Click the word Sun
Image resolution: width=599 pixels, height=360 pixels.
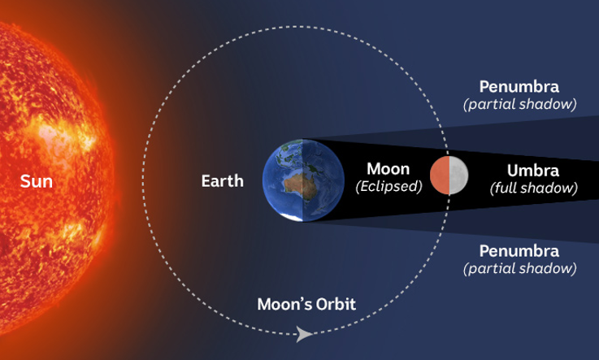(37, 181)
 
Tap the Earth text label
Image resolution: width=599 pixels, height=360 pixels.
(223, 181)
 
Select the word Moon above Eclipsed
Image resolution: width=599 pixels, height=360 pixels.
(388, 169)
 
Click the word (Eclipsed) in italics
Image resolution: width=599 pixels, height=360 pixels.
(388, 187)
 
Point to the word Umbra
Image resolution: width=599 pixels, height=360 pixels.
(533, 171)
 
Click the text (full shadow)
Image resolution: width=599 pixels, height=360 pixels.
(534, 189)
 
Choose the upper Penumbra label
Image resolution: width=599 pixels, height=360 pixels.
(519, 87)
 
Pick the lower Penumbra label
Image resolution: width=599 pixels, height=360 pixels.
(519, 251)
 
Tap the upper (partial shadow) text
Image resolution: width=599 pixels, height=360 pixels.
(520, 104)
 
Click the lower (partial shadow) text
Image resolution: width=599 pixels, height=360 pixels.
(520, 269)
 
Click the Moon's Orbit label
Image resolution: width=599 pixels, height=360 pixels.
(306, 304)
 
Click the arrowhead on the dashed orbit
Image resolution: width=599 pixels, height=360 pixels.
(304, 334)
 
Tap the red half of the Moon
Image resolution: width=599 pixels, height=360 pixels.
(440, 176)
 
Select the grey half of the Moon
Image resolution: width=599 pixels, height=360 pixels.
(459, 176)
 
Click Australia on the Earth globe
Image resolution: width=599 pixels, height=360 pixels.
(299, 184)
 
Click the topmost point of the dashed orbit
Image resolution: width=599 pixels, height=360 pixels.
(296, 27)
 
